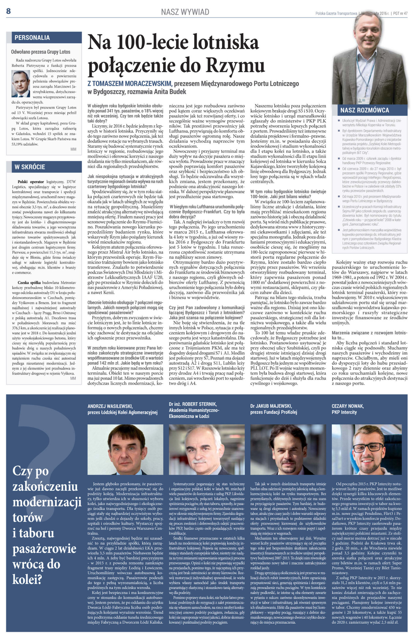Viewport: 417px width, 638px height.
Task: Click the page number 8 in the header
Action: (8, 11)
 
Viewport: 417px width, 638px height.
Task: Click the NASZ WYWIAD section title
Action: (185, 12)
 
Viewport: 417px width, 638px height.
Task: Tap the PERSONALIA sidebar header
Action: (32, 38)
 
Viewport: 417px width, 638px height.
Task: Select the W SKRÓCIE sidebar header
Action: (30, 167)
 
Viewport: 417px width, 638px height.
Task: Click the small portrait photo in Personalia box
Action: (21, 84)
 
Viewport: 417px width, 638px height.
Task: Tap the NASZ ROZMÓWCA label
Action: (364, 110)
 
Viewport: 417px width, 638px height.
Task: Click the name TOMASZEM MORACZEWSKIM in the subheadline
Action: (132, 83)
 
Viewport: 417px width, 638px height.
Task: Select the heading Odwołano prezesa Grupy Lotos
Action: (40, 52)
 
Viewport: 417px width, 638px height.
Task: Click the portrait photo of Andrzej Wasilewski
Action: (125, 450)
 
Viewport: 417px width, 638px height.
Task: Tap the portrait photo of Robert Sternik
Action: (207, 450)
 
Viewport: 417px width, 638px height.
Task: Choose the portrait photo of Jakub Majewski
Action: (288, 450)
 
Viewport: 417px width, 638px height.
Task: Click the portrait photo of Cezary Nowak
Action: (369, 450)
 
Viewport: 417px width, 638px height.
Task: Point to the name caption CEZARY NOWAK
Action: (347, 406)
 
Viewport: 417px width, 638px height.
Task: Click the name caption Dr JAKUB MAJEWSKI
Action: (271, 406)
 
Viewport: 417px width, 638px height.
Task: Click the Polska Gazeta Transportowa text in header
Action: (336, 13)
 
